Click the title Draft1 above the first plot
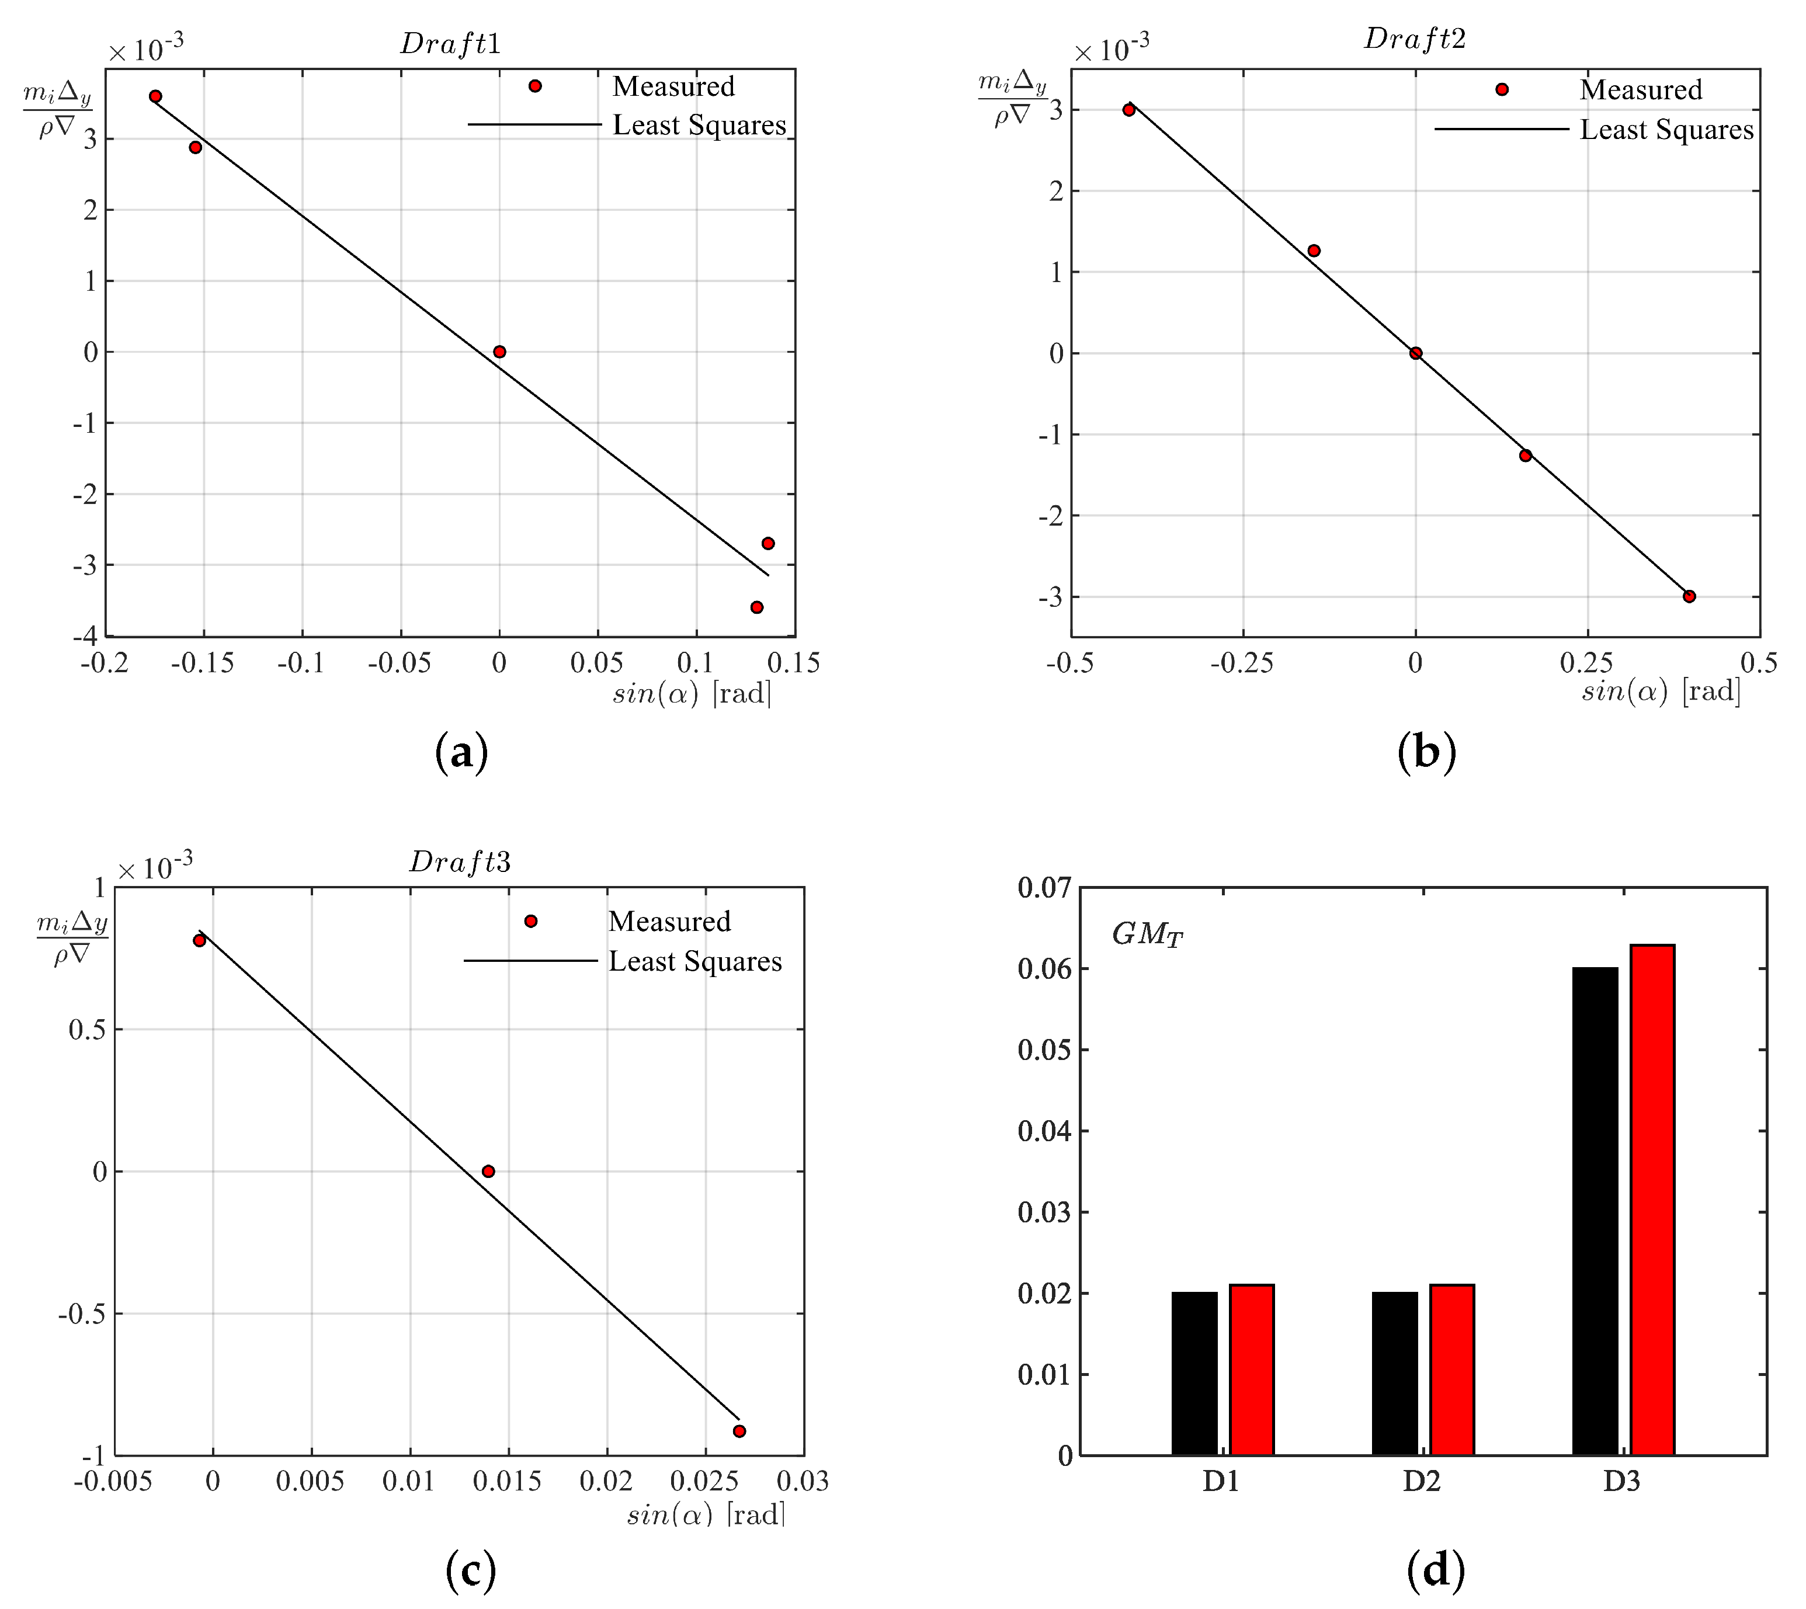[x=451, y=43]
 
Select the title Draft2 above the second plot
[x=1415, y=38]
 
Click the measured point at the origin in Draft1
[x=499, y=352]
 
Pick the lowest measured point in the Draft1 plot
[x=757, y=607]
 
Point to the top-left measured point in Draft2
[x=1129, y=110]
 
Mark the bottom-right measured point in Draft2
[x=1689, y=597]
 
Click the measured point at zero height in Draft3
[x=488, y=1172]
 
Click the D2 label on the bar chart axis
[x=1422, y=1481]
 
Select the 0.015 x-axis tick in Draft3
[x=508, y=1481]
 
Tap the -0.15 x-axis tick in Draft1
[x=203, y=663]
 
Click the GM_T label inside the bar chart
[x=1147, y=934]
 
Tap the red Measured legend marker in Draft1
[x=535, y=86]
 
